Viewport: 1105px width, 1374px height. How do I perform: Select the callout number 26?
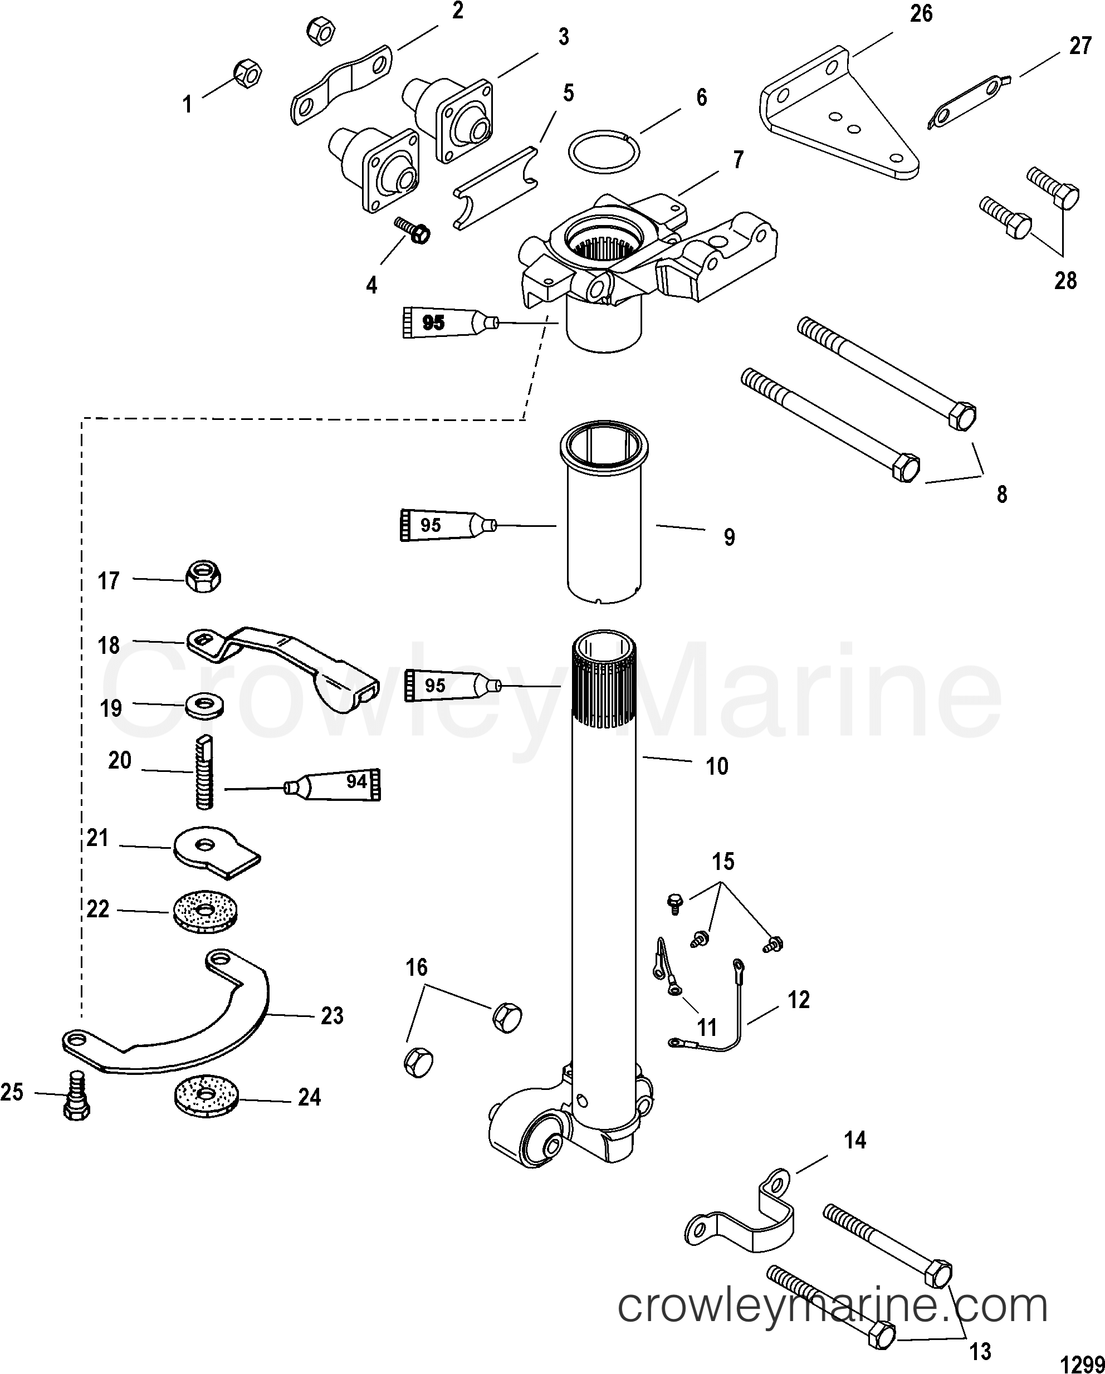[x=921, y=13]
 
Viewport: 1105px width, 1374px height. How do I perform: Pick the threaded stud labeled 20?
[x=204, y=772]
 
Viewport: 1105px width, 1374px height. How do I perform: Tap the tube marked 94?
[x=335, y=785]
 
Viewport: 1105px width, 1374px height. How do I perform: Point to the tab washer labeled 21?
[x=216, y=851]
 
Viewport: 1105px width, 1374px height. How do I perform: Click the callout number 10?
[x=717, y=765]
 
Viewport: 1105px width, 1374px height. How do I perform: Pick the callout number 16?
[x=416, y=968]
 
